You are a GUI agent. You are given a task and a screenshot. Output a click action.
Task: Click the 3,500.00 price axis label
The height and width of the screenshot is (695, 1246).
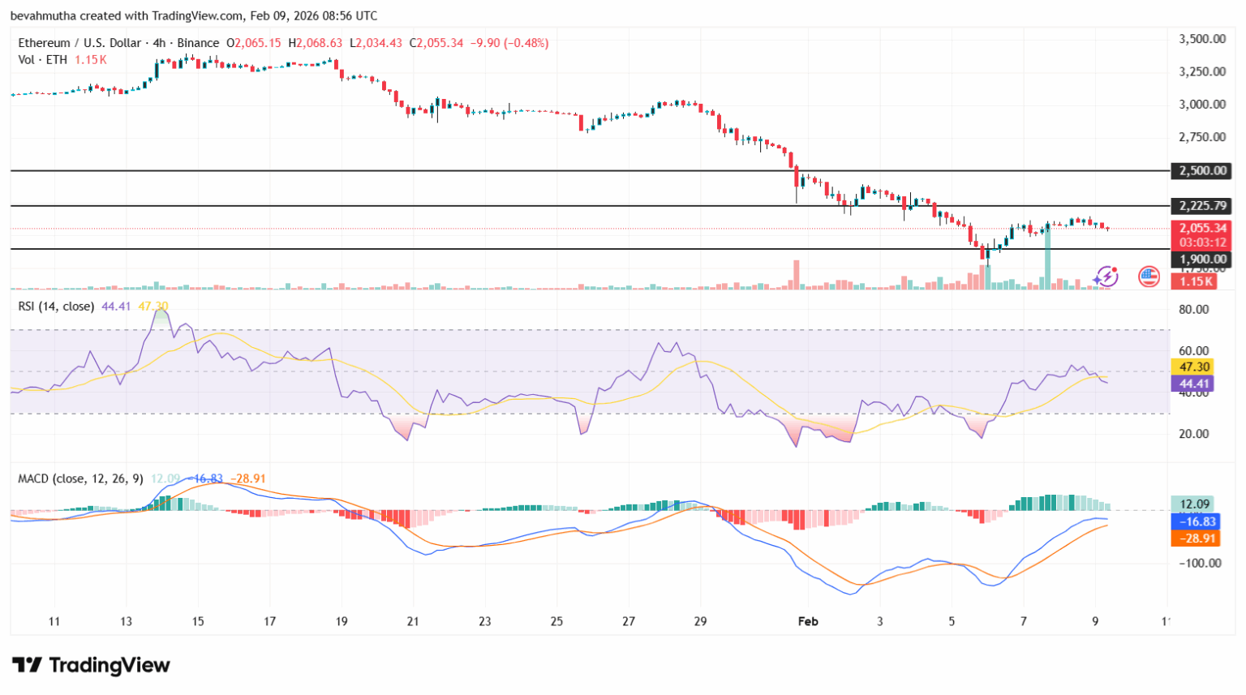coord(1201,39)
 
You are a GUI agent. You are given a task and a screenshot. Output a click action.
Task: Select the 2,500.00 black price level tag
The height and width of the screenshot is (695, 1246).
coord(1203,170)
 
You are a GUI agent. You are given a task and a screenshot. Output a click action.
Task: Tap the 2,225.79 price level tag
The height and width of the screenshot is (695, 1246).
coord(1203,206)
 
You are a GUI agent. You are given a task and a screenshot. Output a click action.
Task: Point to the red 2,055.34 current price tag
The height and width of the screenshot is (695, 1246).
coord(1203,229)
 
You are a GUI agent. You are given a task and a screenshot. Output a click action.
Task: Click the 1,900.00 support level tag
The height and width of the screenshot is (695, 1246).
coord(1203,260)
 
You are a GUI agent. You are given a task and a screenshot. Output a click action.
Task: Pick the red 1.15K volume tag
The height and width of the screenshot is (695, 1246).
coord(1196,281)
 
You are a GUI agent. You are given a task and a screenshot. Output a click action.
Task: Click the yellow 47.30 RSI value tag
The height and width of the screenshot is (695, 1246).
coord(1194,367)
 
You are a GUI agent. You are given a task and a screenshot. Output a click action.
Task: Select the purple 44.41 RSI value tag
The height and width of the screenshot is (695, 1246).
coord(1194,384)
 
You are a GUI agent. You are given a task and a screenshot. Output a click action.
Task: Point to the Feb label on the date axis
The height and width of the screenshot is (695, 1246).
coord(808,621)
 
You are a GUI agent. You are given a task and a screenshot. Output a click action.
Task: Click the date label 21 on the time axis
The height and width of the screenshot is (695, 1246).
coord(413,621)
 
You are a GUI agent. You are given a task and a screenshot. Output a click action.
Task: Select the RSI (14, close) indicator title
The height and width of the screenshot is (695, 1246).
coord(56,307)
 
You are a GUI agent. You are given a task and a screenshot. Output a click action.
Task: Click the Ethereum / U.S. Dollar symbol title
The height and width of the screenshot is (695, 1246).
coord(79,43)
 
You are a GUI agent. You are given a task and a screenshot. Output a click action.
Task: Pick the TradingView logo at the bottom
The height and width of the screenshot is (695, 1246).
coord(91,666)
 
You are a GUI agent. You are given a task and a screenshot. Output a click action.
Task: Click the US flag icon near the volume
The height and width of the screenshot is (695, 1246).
coord(1149,277)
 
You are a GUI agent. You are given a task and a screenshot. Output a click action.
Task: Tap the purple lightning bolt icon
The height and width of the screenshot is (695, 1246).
coord(1106,277)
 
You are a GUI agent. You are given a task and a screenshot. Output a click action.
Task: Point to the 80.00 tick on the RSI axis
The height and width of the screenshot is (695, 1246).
coord(1193,309)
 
